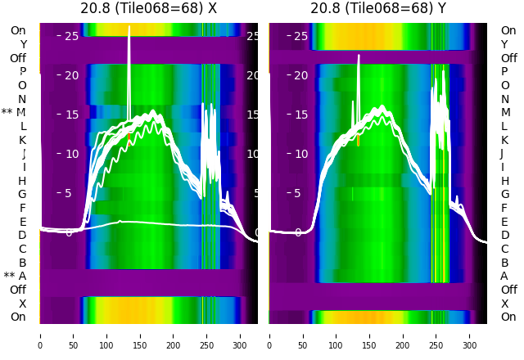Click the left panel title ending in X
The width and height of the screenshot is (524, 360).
pyautogui.click(x=148, y=9)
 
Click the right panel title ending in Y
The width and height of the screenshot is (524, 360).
pyautogui.click(x=378, y=9)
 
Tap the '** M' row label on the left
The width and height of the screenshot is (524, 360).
pyautogui.click(x=14, y=113)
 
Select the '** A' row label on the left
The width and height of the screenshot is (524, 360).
pyautogui.click(x=15, y=277)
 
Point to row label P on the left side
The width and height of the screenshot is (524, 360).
pyautogui.click(x=22, y=72)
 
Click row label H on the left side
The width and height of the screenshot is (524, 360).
pyautogui.click(x=22, y=181)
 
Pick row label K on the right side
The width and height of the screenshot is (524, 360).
pyautogui.click(x=504, y=140)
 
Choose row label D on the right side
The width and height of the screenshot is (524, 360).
pyautogui.click(x=504, y=236)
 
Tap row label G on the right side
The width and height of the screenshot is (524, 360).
pyautogui.click(x=504, y=195)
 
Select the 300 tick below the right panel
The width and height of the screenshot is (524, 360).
pyautogui.click(x=469, y=335)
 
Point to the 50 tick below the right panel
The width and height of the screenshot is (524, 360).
pyautogui.click(x=302, y=335)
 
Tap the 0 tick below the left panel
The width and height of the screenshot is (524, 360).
pyautogui.click(x=40, y=335)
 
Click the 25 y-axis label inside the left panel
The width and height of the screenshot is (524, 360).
pyautogui.click(x=71, y=36)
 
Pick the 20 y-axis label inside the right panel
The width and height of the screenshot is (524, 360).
pyautogui.click(x=300, y=75)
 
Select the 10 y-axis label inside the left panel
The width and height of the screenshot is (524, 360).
pyautogui.click(x=71, y=154)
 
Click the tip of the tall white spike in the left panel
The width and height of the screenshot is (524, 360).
pyautogui.click(x=129, y=26)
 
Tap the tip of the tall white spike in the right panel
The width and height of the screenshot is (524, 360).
pyautogui.click(x=359, y=56)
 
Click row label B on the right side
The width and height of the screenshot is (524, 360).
pyautogui.click(x=504, y=263)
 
